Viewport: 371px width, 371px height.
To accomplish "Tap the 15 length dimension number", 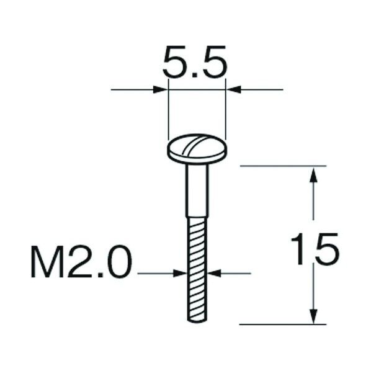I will pos(316,249).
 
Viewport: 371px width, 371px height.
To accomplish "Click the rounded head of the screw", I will pos(197,150).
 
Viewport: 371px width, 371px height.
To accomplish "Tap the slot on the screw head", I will pos(197,148).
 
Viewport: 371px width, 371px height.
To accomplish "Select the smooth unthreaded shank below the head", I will pos(197,189).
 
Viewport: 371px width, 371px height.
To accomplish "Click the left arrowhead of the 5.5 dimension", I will pos(162,90).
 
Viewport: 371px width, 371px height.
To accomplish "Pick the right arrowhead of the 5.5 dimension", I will pos(232,90).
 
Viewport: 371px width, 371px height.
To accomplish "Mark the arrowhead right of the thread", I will pos(212,272).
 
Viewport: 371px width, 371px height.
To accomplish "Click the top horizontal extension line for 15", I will pos(282,166).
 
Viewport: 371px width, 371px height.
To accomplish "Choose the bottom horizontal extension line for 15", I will pos(282,324).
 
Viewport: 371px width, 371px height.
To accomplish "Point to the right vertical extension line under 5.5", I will pos(226,112).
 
